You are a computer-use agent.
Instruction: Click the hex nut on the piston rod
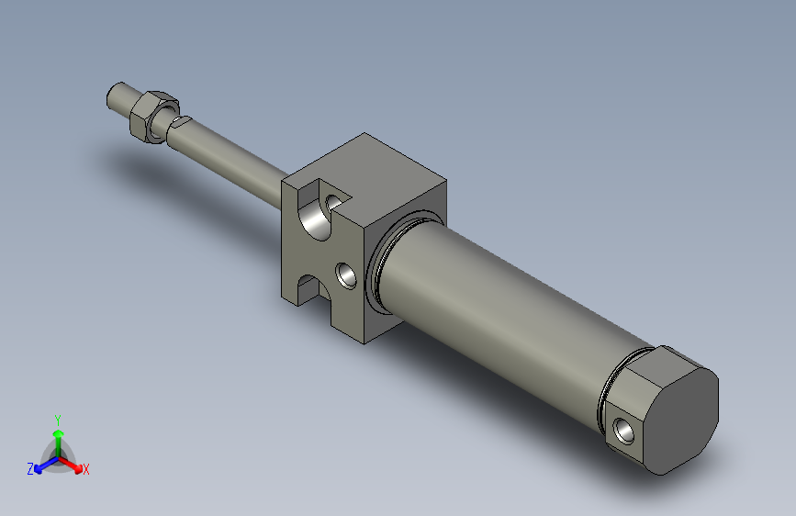coord(151,116)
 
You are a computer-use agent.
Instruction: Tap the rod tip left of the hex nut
coord(119,95)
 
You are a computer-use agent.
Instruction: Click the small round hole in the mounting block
coord(346,274)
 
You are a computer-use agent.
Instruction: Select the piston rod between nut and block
coord(234,155)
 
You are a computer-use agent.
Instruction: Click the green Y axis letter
coord(57,418)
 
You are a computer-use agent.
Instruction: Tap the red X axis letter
coord(86,470)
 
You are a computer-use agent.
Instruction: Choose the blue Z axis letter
coord(30,469)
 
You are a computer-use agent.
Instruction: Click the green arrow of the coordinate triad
coord(58,435)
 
